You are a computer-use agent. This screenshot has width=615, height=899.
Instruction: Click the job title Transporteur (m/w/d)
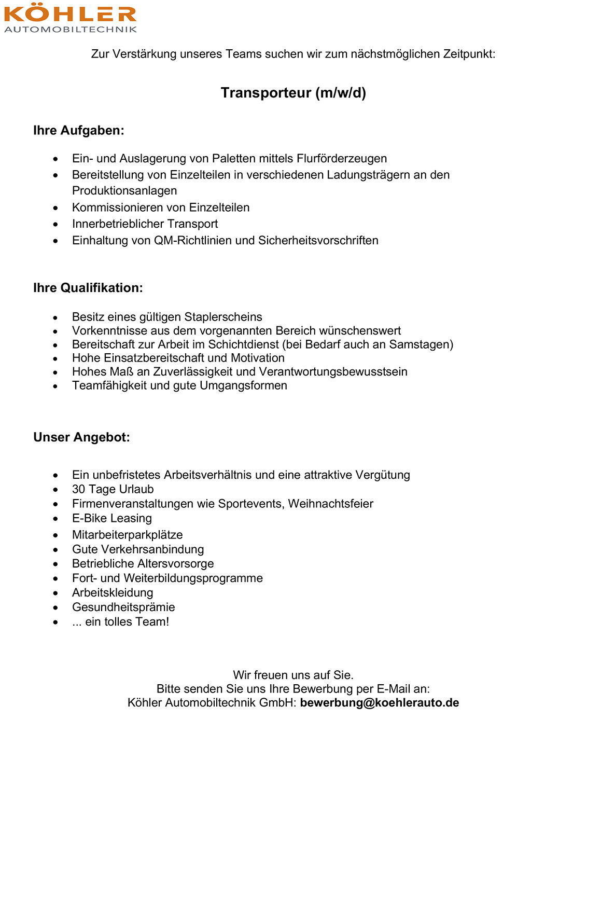click(x=293, y=93)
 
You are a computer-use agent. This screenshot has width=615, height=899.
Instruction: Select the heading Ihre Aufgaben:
click(x=79, y=130)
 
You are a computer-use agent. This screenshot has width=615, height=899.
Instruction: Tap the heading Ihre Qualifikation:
click(x=88, y=288)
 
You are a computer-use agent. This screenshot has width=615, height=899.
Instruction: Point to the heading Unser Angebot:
click(x=81, y=437)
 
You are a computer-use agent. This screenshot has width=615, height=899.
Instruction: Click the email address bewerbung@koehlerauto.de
click(x=380, y=703)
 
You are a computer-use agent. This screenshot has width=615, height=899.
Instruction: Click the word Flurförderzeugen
click(x=342, y=159)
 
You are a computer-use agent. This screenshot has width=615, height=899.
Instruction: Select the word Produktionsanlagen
click(x=124, y=191)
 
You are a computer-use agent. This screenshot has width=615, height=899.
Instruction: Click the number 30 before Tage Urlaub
click(x=79, y=489)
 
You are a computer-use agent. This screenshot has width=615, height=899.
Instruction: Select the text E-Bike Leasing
click(x=112, y=518)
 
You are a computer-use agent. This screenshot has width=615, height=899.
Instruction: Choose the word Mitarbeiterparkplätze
click(x=128, y=535)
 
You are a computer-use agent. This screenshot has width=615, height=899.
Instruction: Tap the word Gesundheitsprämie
click(x=123, y=607)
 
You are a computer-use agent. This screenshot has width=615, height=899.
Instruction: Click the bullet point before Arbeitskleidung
click(x=55, y=593)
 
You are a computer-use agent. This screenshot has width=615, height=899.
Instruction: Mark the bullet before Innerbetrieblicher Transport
click(x=55, y=224)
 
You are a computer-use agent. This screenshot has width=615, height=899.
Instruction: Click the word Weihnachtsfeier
click(x=331, y=504)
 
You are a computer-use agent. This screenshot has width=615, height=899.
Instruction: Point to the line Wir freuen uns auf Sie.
click(x=293, y=675)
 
